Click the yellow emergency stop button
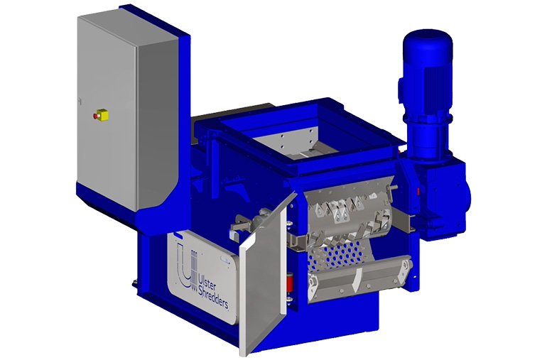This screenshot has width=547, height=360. (99, 113)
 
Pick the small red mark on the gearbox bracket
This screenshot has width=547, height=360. (421, 190)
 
